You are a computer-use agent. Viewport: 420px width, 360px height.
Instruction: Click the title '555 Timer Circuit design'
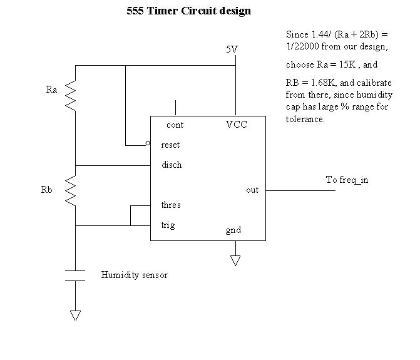[189, 11]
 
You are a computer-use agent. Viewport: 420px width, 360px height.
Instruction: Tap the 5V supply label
[232, 49]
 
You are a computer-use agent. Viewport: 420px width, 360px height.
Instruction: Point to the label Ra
[52, 90]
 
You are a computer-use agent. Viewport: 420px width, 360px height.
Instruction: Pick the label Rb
[47, 190]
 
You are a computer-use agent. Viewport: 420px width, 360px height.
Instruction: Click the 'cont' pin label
[175, 125]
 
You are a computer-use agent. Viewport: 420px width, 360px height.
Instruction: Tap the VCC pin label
[237, 125]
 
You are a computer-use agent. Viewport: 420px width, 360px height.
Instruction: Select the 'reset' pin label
[170, 145]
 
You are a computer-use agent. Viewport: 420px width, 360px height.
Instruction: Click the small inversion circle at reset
[148, 143]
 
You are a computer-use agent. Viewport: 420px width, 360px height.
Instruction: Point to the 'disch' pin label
[172, 165]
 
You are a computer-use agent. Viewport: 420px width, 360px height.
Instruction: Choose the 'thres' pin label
[171, 205]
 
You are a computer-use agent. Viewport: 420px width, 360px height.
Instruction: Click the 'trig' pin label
[168, 225]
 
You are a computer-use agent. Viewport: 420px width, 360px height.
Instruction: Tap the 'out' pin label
[252, 190]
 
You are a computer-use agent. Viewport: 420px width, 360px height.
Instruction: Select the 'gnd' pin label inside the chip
[233, 230]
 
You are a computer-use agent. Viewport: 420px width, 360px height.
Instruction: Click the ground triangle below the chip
[235, 260]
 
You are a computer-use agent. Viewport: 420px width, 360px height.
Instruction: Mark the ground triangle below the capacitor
[75, 315]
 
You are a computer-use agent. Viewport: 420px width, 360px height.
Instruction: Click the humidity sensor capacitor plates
[75, 276]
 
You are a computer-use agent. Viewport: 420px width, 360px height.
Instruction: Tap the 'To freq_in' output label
[347, 180]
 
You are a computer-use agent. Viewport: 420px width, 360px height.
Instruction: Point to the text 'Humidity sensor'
[135, 275]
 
